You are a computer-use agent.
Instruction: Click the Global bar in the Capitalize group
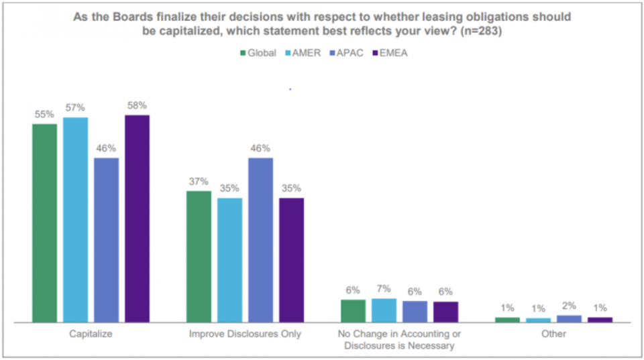45,223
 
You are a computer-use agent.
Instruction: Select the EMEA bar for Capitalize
137,218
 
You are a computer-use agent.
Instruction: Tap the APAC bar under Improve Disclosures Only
260,239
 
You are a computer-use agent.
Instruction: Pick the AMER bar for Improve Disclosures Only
229,259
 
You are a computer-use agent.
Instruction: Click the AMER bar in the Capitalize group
76,219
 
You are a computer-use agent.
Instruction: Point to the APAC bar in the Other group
569,318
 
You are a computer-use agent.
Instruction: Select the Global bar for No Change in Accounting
353,310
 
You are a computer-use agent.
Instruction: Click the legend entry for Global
258,53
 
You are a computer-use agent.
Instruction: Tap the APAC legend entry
346,53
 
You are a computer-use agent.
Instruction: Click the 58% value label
137,105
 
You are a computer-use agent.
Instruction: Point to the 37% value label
199,182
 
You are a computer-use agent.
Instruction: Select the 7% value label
384,290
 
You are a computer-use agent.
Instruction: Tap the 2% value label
569,306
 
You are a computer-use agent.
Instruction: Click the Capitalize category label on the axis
91,333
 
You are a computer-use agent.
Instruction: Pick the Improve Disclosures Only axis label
245,333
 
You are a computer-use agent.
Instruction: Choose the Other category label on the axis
554,333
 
